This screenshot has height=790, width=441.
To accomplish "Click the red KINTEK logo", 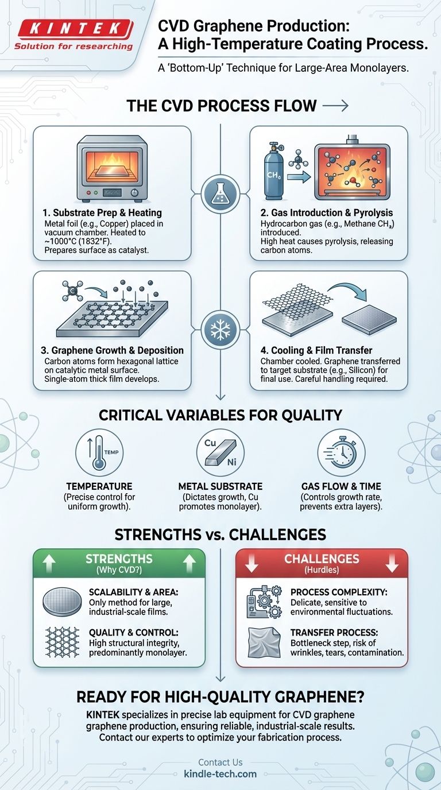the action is click(73, 29).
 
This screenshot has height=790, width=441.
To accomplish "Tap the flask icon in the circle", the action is click(220, 193).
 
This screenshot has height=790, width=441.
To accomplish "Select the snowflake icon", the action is click(220, 330).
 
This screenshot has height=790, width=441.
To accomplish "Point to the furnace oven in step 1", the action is click(112, 169).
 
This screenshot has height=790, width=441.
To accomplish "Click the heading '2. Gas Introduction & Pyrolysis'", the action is click(327, 212).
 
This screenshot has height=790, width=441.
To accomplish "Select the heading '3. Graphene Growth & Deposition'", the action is click(112, 350).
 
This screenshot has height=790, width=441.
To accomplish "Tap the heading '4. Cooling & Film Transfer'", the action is click(316, 350).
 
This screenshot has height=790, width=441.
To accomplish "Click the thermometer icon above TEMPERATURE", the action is click(99, 452).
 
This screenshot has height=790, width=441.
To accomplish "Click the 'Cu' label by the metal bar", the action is click(210, 443).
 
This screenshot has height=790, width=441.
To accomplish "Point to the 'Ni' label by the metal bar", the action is click(232, 462).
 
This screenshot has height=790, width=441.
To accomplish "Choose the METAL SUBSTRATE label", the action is click(220, 486).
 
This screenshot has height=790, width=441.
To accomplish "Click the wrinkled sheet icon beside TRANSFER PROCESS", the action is click(265, 642).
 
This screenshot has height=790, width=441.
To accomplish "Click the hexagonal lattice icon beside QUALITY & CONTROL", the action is click(62, 642).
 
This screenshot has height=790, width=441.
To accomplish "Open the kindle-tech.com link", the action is click(220, 774).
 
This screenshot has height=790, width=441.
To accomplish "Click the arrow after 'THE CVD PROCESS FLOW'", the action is click(335, 106).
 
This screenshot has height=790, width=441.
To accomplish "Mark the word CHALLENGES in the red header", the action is click(322, 559).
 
